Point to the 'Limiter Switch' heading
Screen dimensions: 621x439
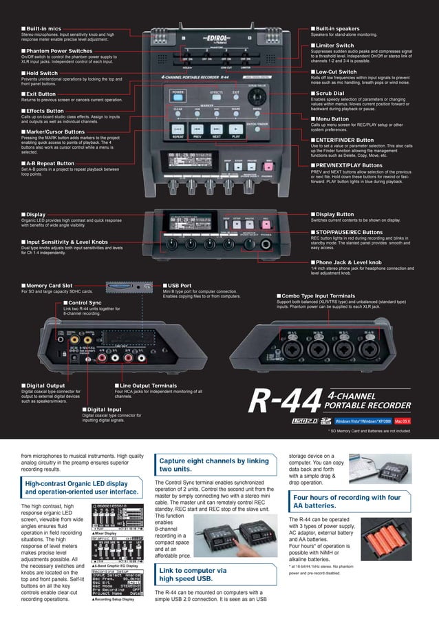point(335,45)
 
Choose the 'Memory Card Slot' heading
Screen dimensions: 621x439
point(50,285)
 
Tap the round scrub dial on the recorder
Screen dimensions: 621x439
point(259,96)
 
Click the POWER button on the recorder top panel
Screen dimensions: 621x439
point(178,92)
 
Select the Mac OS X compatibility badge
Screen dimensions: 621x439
point(400,420)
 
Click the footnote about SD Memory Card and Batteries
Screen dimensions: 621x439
point(369,431)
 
